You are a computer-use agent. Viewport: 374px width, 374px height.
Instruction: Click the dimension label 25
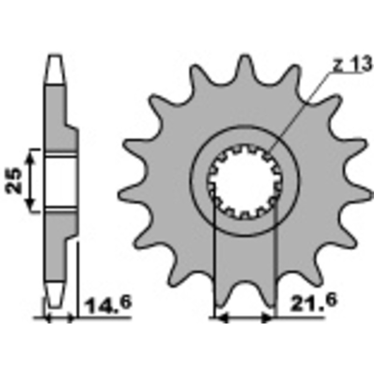click(x=14, y=180)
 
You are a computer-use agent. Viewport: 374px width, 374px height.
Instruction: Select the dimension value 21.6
click(x=313, y=302)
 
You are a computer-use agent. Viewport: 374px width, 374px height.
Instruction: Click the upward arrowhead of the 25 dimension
click(x=30, y=157)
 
